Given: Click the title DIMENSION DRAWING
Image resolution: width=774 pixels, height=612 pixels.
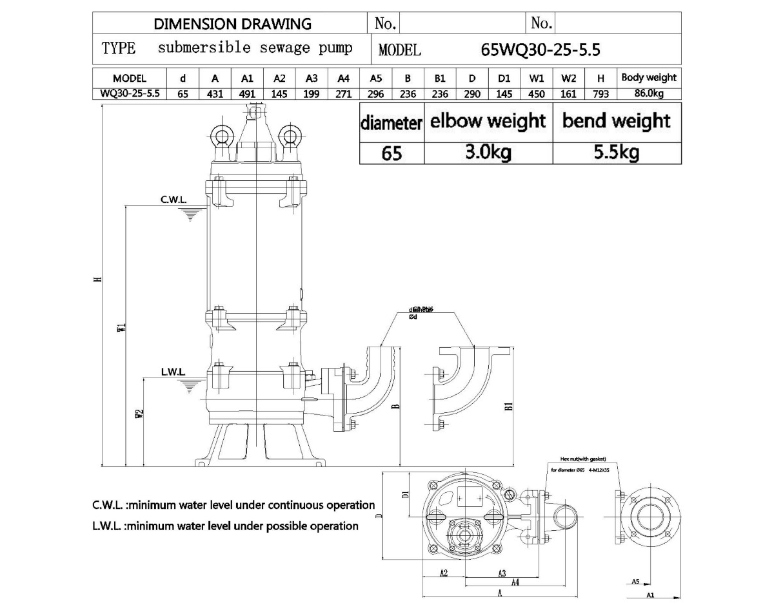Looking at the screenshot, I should tap(232, 24).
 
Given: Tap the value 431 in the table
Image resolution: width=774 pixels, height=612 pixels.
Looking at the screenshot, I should tap(215, 94).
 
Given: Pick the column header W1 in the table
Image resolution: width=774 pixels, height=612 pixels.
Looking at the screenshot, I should tap(536, 79).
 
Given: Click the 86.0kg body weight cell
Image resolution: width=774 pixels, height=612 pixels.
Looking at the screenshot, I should tap(648, 94).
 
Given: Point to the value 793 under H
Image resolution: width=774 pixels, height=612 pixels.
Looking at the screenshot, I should tap(600, 94).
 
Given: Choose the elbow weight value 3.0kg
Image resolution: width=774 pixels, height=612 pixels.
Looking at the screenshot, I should tap(488, 153).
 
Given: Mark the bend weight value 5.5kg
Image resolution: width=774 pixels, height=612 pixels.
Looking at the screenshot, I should tap(617, 153).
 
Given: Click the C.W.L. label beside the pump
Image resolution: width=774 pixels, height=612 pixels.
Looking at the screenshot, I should tap(174, 200).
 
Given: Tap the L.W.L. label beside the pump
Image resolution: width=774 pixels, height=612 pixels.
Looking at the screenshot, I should tap(174, 372).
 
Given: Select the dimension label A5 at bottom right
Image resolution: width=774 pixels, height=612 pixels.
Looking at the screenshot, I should tap(635, 581).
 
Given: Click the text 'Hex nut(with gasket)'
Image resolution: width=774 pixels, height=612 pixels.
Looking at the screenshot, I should tap(579, 459).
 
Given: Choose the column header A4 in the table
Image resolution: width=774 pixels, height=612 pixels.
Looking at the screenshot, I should tap(343, 79).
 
